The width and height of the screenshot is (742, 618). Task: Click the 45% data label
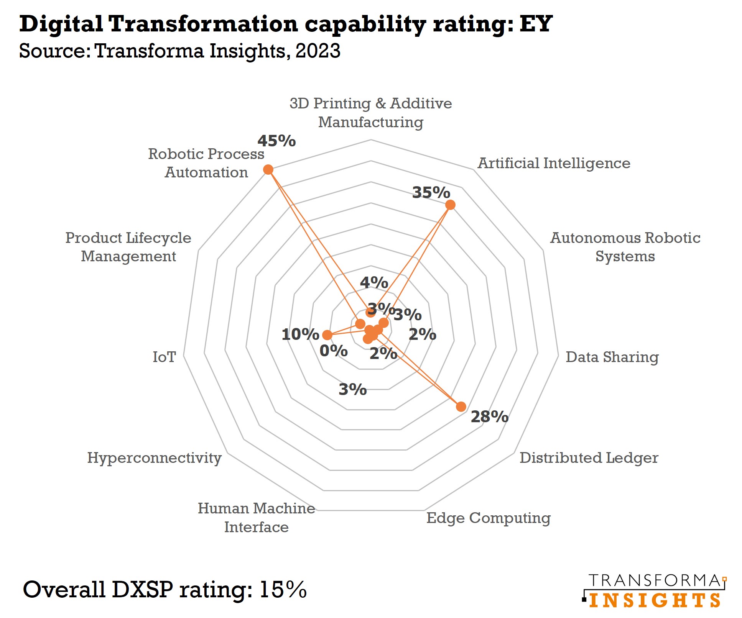tap(276, 141)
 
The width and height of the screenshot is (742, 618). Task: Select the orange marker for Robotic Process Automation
tap(268, 170)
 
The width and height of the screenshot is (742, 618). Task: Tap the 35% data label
tap(431, 192)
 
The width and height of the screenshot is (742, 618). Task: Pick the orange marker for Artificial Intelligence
tap(451, 205)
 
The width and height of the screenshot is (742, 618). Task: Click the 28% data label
tap(489, 416)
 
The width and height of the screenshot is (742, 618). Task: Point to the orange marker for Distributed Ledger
tap(461, 407)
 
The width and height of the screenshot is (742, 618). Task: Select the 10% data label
tap(300, 334)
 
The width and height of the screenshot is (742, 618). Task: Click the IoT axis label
tap(164, 357)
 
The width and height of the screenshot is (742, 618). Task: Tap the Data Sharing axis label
tap(612, 357)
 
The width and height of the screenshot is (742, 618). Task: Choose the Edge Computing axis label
tap(488, 518)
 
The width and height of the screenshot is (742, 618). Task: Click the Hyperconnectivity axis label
tap(154, 458)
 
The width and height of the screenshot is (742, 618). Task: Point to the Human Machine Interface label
tap(256, 518)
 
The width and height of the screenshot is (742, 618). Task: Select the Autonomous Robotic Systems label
tap(625, 247)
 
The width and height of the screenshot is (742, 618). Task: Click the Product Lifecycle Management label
tap(128, 247)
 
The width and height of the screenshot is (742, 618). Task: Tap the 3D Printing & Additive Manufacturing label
tap(370, 113)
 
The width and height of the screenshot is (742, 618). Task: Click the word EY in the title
tap(536, 24)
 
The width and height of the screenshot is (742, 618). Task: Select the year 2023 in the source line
tap(318, 51)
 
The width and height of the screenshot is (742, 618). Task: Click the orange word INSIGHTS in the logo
tap(655, 600)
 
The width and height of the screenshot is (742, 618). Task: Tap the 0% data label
tap(333, 351)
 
